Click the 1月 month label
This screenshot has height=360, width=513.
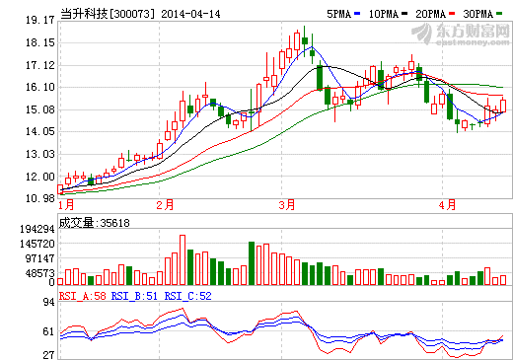67,205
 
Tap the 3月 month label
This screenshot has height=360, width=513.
287,205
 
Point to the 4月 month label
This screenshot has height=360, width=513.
447,205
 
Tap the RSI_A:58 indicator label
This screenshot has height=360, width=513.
82,294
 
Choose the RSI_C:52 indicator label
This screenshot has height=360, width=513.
187,294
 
